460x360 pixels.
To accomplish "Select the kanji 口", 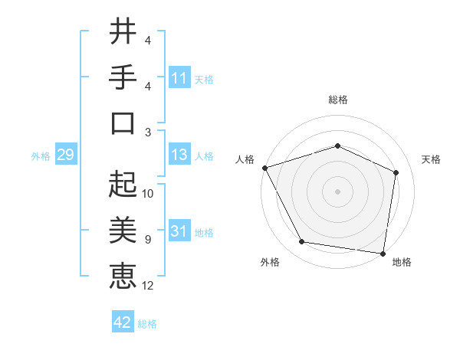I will coord(123,123).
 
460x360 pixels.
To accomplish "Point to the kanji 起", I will coord(123,183).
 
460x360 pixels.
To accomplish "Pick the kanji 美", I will coord(123,229).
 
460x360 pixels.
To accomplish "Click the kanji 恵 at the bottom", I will coord(123,275).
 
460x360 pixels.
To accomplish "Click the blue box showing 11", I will coord(179,78).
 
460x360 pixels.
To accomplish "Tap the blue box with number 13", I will coord(179,155).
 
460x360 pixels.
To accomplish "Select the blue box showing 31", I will coord(179,231).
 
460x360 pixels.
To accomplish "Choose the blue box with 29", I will coord(65,155).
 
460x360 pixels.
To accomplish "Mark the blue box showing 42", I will coord(123,322).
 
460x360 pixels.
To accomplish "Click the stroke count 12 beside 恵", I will coord(149,286).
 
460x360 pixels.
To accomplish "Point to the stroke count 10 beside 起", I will coord(149,193).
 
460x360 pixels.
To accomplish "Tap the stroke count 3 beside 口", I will coord(149,132).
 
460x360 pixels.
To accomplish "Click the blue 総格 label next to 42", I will coord(147,324).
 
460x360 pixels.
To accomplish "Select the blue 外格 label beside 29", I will coord(41,156).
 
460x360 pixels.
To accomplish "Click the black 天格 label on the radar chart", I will coord(431,159).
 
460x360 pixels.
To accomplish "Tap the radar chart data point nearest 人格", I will coord(264,167).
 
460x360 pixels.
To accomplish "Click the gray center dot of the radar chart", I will coord(337,191).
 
